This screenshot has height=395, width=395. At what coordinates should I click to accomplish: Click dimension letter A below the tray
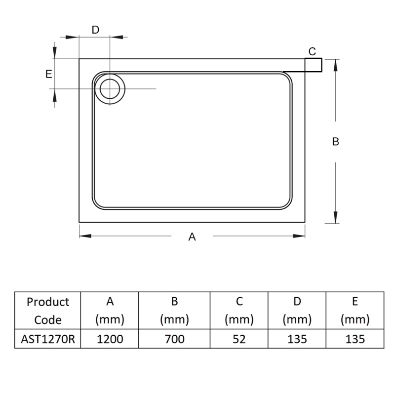point(193,237)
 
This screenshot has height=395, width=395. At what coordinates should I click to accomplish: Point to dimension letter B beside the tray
point(336,142)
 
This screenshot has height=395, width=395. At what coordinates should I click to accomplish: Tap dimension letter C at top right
point(312,51)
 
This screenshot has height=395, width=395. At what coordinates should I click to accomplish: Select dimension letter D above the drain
point(96,30)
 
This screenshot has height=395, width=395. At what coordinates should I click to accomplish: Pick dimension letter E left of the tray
point(48,74)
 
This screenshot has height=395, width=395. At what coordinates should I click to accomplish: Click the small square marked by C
point(314,65)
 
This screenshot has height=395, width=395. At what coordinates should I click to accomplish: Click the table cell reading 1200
point(110,339)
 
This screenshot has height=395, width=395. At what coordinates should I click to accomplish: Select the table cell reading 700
point(174,339)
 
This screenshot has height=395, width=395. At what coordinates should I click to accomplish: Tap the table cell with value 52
point(239,339)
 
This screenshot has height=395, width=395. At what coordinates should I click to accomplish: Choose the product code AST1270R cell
point(48,339)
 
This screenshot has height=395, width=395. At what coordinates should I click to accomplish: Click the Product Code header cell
point(48,311)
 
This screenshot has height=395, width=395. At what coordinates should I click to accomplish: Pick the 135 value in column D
point(297,339)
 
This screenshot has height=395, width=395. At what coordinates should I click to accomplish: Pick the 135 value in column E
point(355,339)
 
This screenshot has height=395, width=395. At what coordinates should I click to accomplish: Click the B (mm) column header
point(174,311)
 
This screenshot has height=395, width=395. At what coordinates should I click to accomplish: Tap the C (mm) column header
point(239,311)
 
